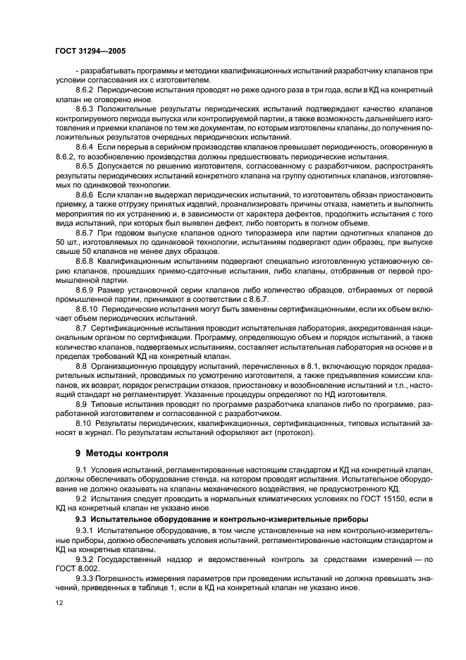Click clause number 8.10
[x=82, y=422]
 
